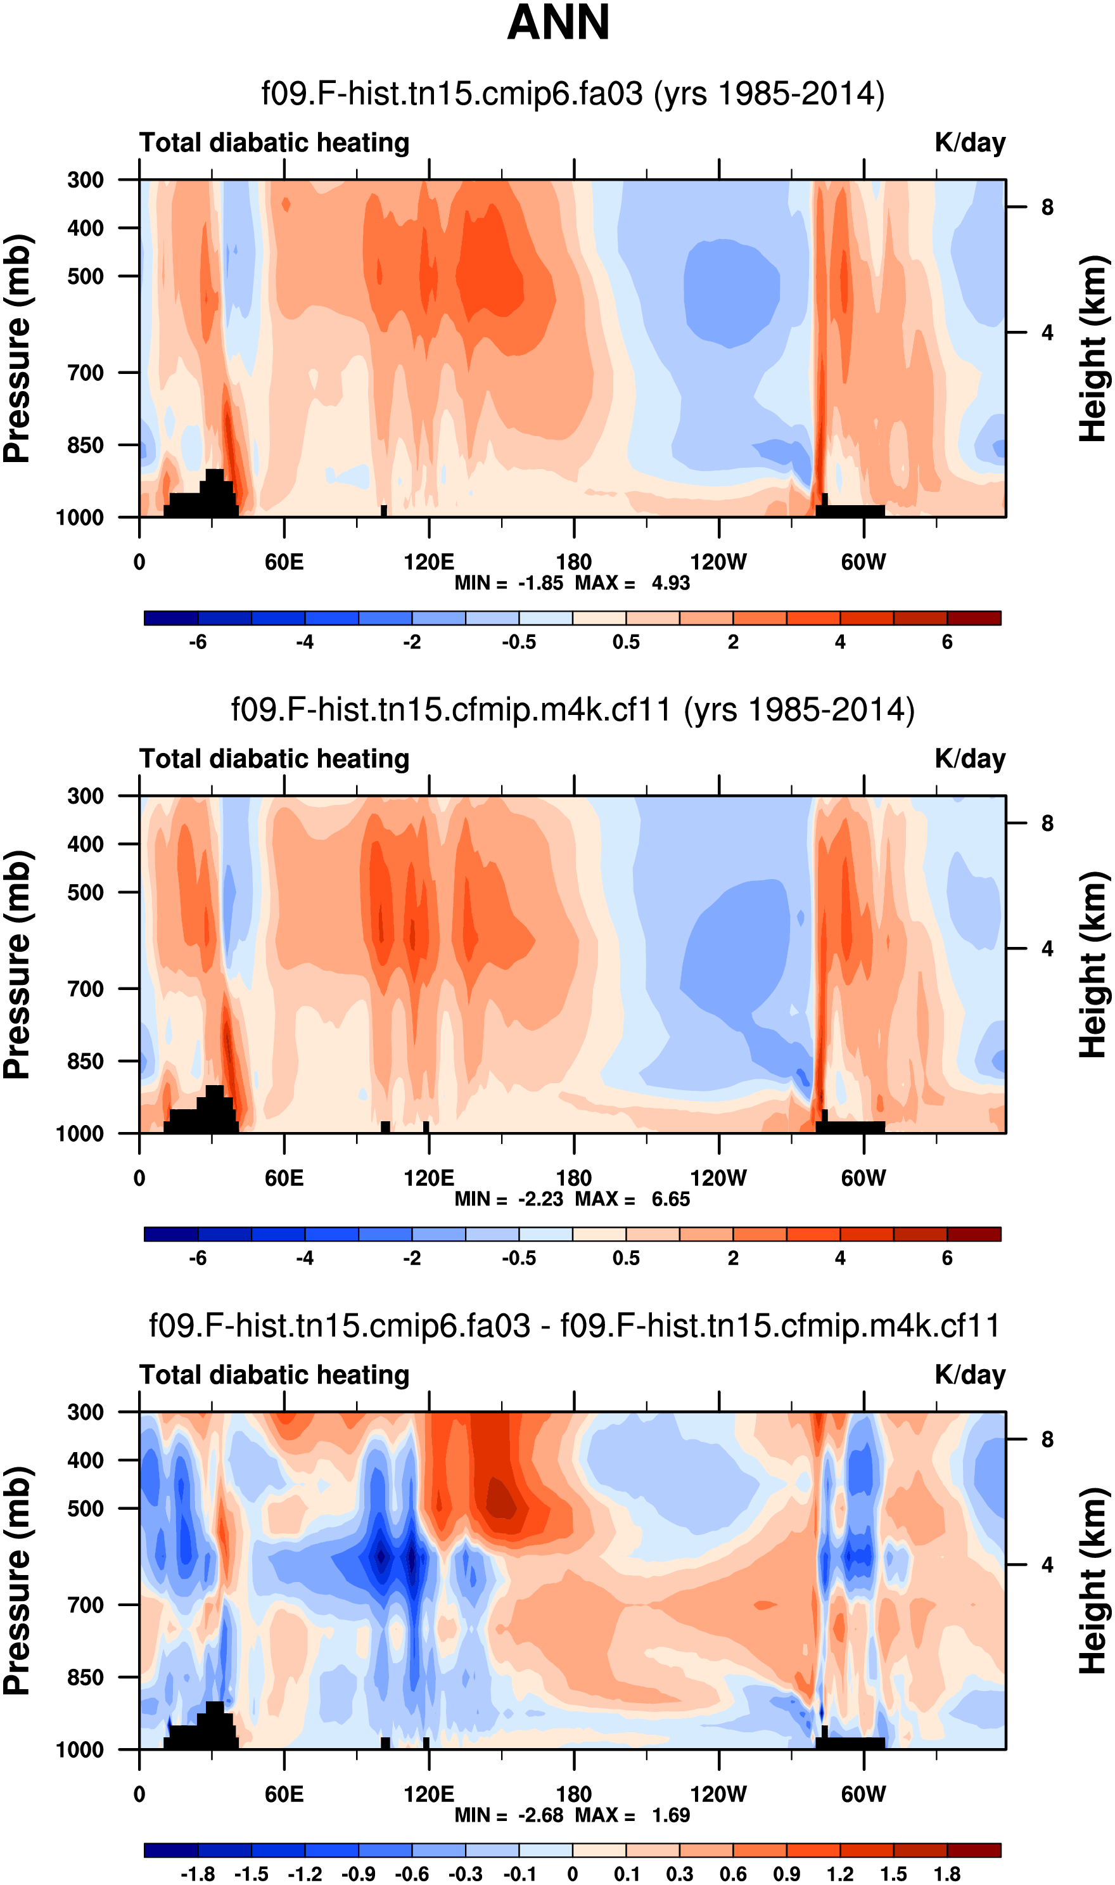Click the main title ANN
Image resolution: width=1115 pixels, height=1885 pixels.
coord(558,23)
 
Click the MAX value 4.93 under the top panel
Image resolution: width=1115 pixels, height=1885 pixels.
coord(670,583)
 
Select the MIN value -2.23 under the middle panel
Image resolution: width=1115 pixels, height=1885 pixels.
coord(540,1200)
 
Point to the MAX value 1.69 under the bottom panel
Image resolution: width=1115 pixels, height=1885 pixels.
coord(670,1815)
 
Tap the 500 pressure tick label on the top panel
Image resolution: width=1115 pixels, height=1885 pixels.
coord(86,276)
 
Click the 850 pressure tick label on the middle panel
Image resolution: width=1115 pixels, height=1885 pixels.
coord(86,1061)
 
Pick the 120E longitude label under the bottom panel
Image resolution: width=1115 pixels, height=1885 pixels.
coord(428,1795)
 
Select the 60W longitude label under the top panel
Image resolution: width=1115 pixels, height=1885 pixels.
coord(863,562)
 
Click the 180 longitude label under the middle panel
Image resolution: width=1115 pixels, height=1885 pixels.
coord(574,1178)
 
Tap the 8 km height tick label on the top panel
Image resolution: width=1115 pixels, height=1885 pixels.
coord(1047,207)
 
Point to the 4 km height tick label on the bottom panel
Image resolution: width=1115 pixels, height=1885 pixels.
coord(1047,1565)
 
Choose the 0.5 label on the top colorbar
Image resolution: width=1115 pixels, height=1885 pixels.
coord(626,643)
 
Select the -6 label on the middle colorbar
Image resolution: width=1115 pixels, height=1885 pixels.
coord(198,1258)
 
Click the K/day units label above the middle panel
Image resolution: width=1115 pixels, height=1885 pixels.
coord(969,759)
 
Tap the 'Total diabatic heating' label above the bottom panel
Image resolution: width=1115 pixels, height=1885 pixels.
coord(274,1375)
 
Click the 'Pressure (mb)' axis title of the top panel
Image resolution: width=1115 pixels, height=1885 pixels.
coord(16,348)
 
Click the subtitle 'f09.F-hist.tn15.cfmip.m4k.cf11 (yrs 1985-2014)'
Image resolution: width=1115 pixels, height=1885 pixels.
coord(573,709)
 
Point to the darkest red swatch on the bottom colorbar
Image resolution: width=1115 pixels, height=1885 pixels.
coord(974,1850)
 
